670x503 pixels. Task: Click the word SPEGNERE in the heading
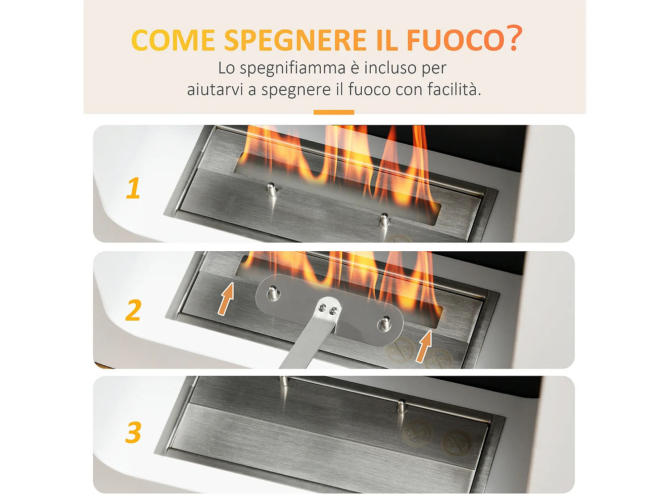click(x=295, y=41)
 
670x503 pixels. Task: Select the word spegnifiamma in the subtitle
click(x=293, y=68)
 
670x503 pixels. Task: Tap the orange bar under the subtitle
click(x=334, y=112)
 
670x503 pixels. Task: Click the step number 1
click(x=133, y=188)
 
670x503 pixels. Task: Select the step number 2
click(x=133, y=310)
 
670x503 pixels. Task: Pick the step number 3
click(x=133, y=432)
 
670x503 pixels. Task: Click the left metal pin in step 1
click(x=271, y=190)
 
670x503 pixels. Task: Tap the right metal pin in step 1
click(x=384, y=220)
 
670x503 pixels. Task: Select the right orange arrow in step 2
click(x=424, y=346)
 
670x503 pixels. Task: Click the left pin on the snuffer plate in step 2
click(x=272, y=293)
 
